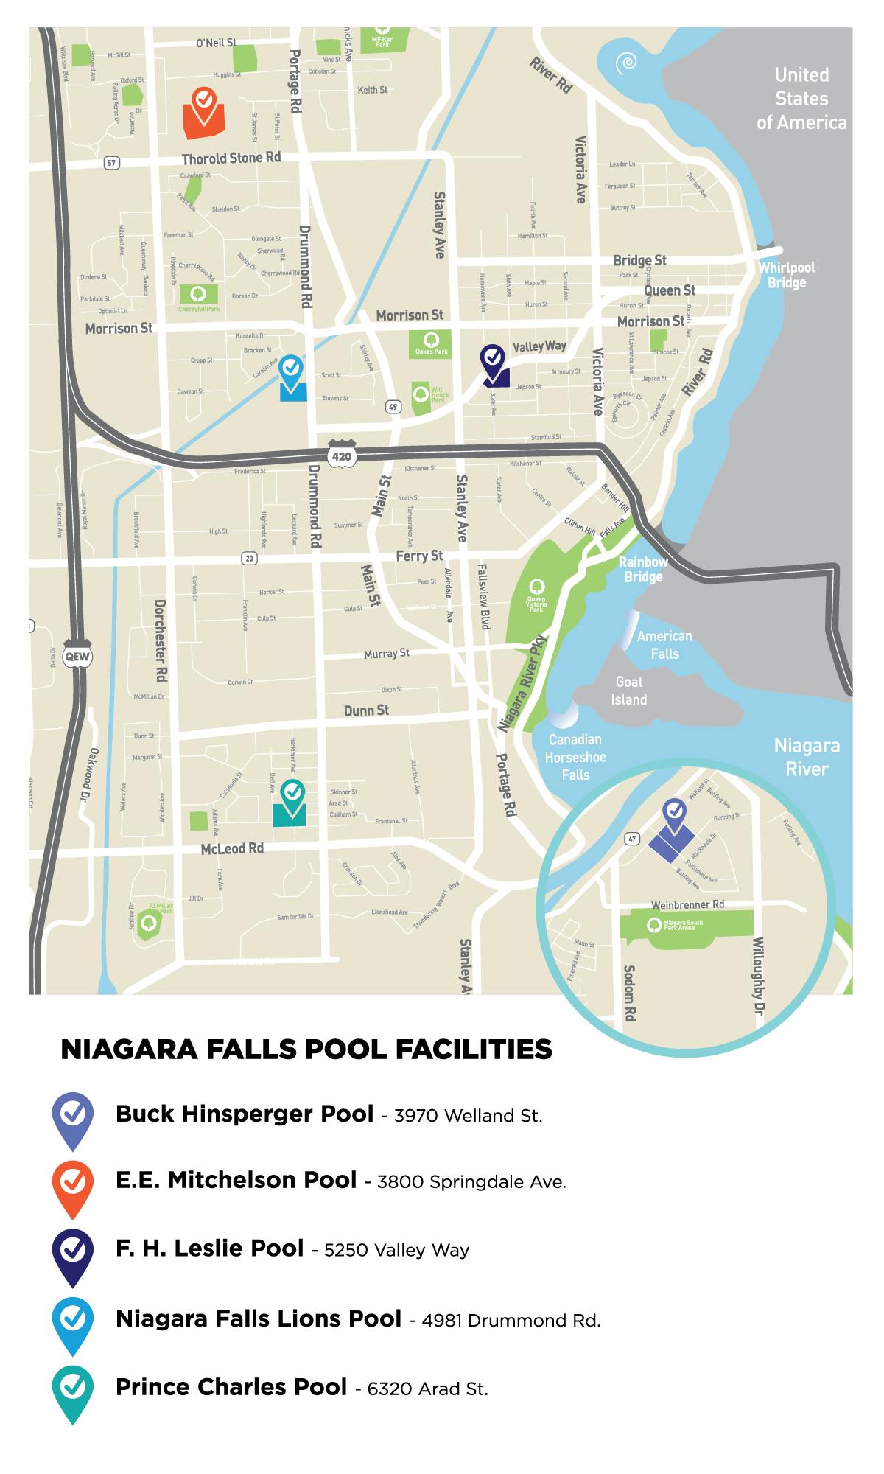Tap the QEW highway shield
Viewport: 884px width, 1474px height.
pos(77,656)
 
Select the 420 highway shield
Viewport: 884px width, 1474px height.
pos(342,456)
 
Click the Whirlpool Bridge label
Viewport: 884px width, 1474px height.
pos(787,275)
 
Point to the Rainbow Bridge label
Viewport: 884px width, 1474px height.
pos(643,569)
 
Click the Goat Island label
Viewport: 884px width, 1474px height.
pos(629,691)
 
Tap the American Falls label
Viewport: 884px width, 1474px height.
pos(664,644)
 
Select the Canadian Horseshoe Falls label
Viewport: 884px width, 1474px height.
pos(575,757)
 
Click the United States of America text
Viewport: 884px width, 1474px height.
pos(801,99)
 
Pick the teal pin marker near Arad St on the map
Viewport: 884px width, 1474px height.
pos(292,795)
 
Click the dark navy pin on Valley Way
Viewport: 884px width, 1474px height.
pos(492,360)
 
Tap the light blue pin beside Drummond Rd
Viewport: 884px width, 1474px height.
pos(292,370)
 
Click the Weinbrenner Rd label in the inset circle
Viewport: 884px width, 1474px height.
pos(687,904)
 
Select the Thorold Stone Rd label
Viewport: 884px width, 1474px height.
pos(231,158)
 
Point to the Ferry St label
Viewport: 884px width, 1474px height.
pos(419,556)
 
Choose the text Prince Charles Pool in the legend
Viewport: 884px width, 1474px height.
pos(231,1387)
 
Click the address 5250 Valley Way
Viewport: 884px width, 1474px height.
pos(396,1250)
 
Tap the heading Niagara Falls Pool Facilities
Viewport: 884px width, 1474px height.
pos(306,1049)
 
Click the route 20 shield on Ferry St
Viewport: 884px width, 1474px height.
pos(250,559)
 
